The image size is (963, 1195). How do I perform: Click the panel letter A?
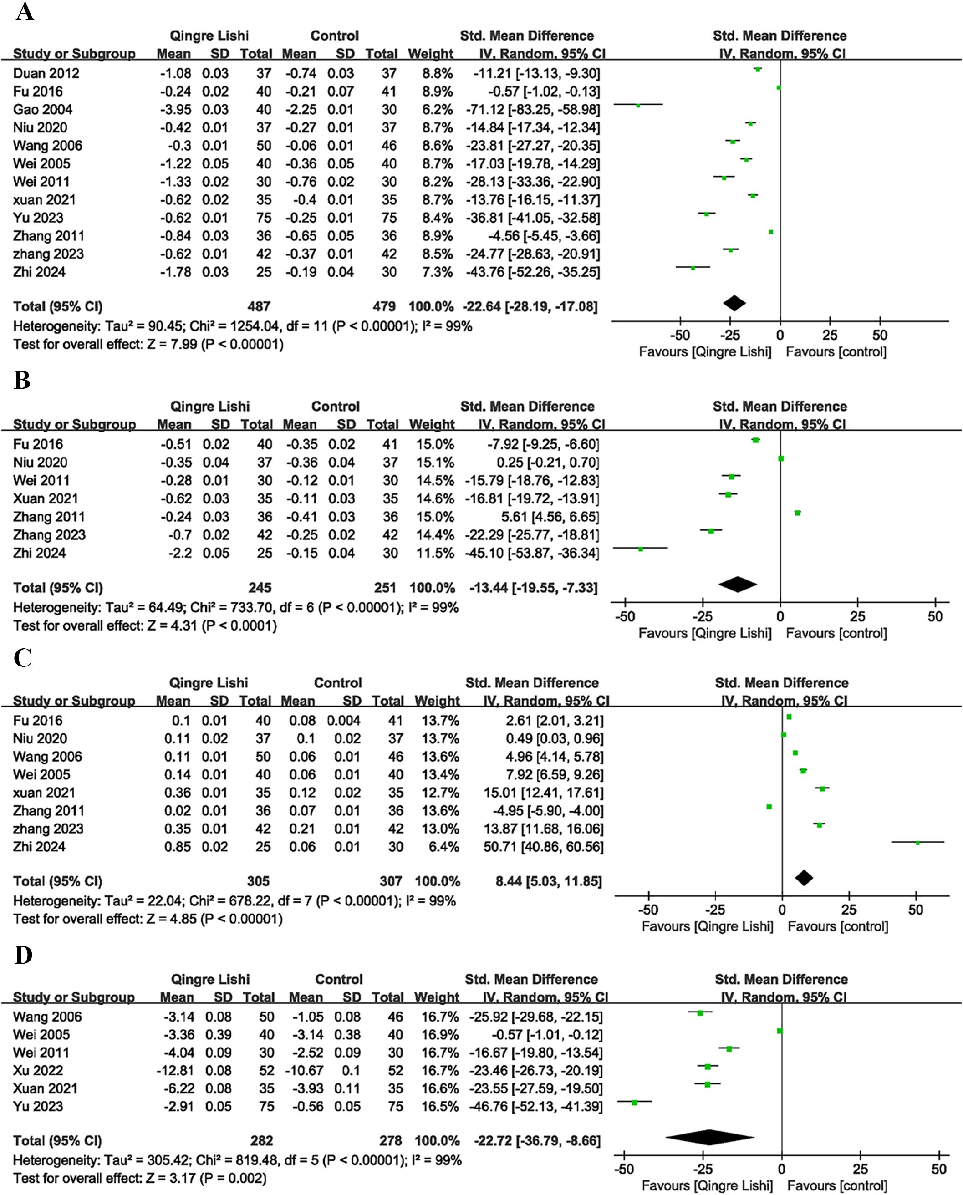(25, 12)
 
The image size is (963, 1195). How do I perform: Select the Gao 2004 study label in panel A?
(43, 110)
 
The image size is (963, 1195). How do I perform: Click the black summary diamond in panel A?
(734, 303)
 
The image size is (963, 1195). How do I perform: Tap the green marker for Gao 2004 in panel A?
(638, 105)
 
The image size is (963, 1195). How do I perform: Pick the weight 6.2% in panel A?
(437, 110)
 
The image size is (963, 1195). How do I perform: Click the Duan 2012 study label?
(46, 73)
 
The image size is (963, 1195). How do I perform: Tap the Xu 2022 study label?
(38, 1070)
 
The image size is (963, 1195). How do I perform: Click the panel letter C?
(22, 658)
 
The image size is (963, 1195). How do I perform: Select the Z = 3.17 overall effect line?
(139, 1178)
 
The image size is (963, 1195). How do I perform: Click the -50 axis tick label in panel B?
(625, 617)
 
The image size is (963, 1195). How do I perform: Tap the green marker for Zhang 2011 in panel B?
(797, 513)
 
